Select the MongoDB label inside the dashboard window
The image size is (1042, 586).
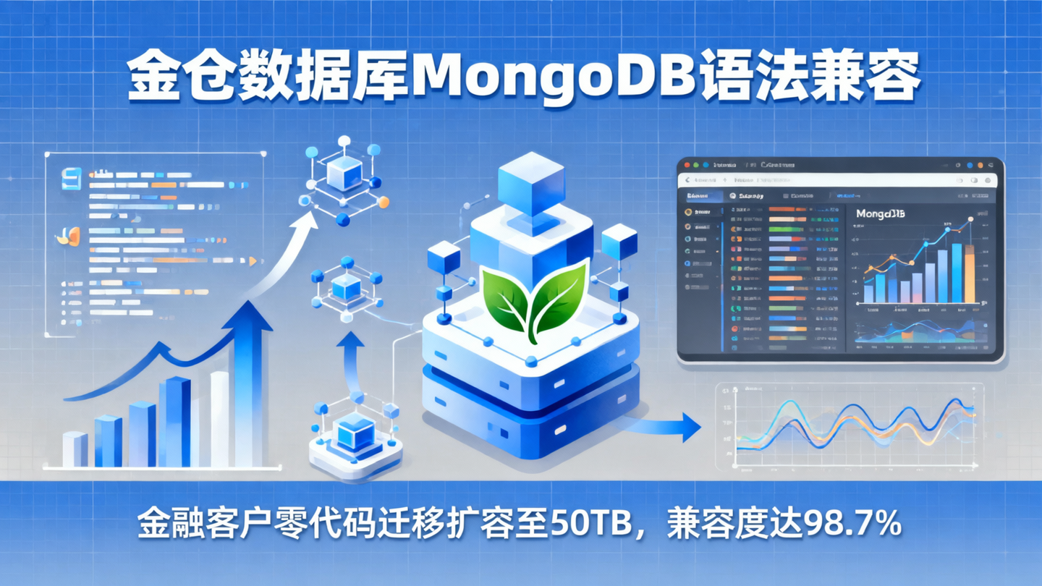point(880,214)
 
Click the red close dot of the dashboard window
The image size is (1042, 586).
point(688,166)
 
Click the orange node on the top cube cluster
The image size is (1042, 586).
point(384,202)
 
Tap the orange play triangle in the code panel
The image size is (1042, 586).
point(253,260)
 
